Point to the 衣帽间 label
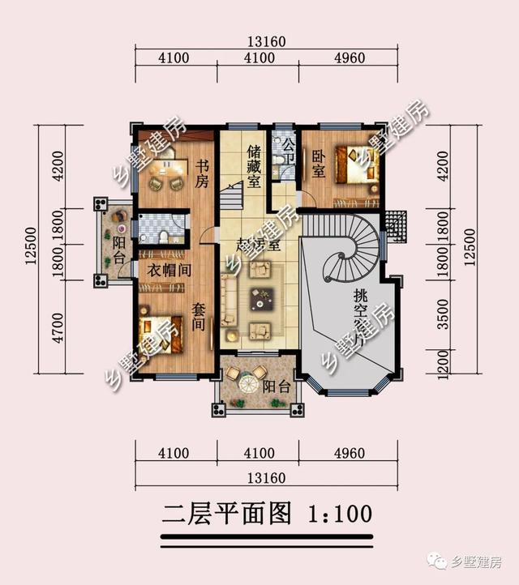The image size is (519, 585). coord(169,271)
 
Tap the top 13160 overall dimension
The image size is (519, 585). coord(265,43)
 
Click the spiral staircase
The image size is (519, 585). coord(350,253)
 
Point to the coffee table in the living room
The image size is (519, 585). coord(260,299)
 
